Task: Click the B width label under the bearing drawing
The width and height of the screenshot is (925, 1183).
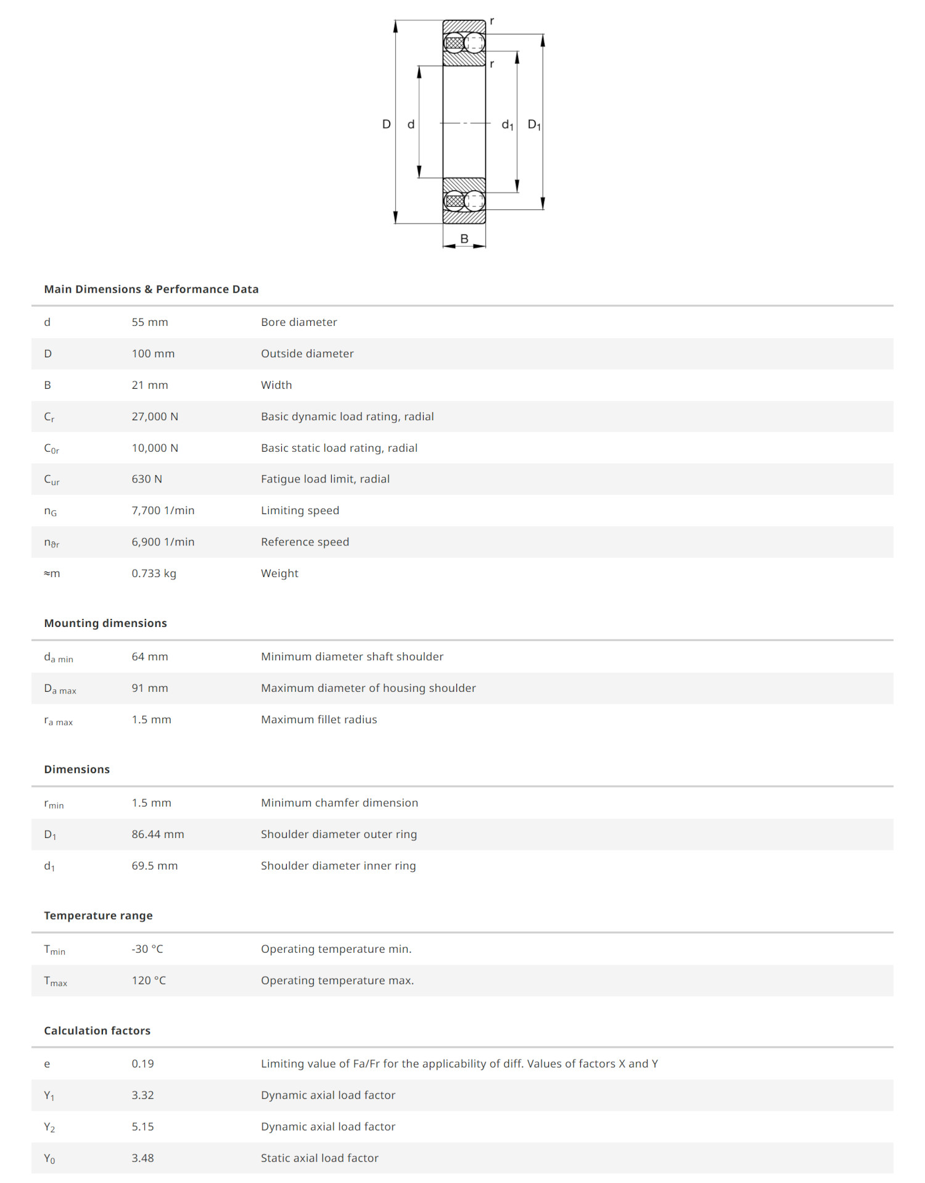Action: [x=464, y=239]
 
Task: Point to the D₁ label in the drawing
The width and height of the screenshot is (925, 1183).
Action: [x=534, y=125]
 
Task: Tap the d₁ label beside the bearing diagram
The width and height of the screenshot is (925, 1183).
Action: [x=508, y=125]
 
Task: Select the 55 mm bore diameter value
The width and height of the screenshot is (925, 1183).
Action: [x=150, y=322]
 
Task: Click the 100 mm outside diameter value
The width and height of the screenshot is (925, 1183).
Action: [x=153, y=354]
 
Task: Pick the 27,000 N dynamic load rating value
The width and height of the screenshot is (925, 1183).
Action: [x=155, y=417]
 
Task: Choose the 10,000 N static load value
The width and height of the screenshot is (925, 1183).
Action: [x=155, y=448]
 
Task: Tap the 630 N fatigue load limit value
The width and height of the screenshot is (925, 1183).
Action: [x=147, y=479]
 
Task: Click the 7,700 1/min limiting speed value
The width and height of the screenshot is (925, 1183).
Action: [x=163, y=510]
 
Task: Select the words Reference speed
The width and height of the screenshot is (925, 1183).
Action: [x=305, y=542]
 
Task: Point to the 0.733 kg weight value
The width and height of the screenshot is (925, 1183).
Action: [x=154, y=573]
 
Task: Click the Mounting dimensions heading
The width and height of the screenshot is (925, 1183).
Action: [x=105, y=623]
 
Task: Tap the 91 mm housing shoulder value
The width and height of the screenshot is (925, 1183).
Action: [x=150, y=688]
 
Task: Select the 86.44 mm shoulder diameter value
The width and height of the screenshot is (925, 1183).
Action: [x=158, y=834]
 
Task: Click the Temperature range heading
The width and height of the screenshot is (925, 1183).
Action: [x=98, y=916]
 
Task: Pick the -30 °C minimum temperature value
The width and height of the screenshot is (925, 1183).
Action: [x=147, y=949]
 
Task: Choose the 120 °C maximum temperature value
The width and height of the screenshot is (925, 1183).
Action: [x=149, y=981]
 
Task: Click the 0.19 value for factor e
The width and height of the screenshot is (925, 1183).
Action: [x=142, y=1064]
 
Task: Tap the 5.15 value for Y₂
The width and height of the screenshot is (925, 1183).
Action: [x=142, y=1127]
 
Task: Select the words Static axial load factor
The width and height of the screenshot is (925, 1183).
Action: [x=319, y=1158]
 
